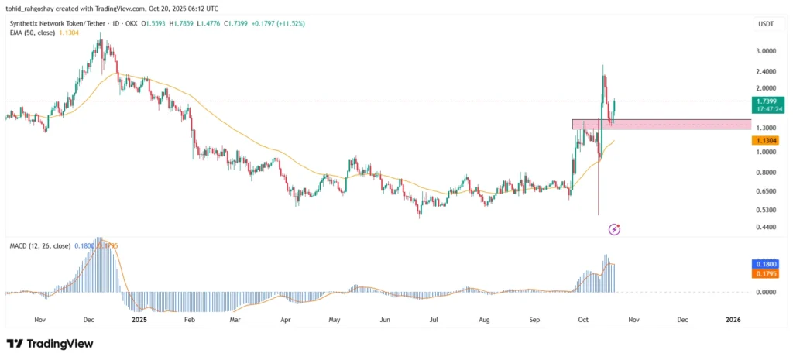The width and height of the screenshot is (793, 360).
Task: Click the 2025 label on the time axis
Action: [139, 319]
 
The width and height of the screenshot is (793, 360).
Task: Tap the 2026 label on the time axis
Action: [732, 319]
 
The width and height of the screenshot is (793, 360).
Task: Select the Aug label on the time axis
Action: [484, 319]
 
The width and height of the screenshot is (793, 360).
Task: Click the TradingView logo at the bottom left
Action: [46, 343]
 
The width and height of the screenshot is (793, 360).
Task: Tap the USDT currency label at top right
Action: [764, 24]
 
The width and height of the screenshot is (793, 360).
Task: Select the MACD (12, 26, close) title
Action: [38, 245]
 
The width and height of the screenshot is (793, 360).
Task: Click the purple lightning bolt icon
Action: [614, 229]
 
